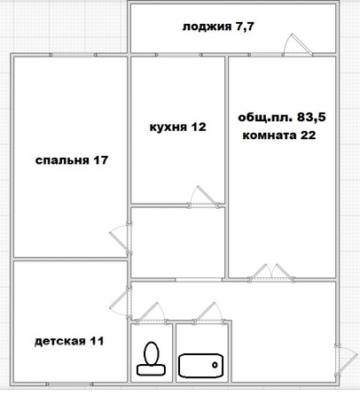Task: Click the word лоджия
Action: coord(207,27)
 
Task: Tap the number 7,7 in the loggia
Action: coord(245,27)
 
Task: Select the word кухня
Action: coord(168,128)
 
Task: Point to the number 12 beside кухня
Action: coord(199,127)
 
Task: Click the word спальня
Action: coord(62,160)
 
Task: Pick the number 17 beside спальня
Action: coord(101,160)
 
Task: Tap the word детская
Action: coord(60,342)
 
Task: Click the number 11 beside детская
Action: coord(97,341)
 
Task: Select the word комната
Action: coord(270,136)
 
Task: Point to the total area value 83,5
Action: coord(311,117)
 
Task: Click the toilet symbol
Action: coord(151,359)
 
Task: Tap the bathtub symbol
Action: coord(201,366)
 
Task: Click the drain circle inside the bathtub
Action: coord(215,365)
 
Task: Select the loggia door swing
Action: coord(297,45)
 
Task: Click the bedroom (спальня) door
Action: coord(120,239)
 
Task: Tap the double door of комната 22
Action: coord(271,272)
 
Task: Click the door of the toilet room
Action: coord(152,313)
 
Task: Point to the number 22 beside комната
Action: coord(309,136)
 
